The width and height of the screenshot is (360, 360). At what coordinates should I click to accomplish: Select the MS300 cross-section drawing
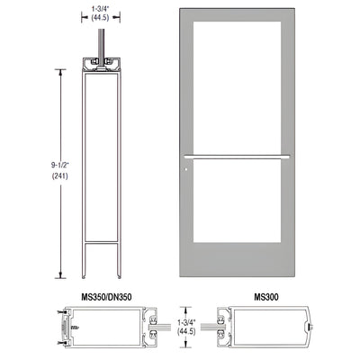point(256,329)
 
